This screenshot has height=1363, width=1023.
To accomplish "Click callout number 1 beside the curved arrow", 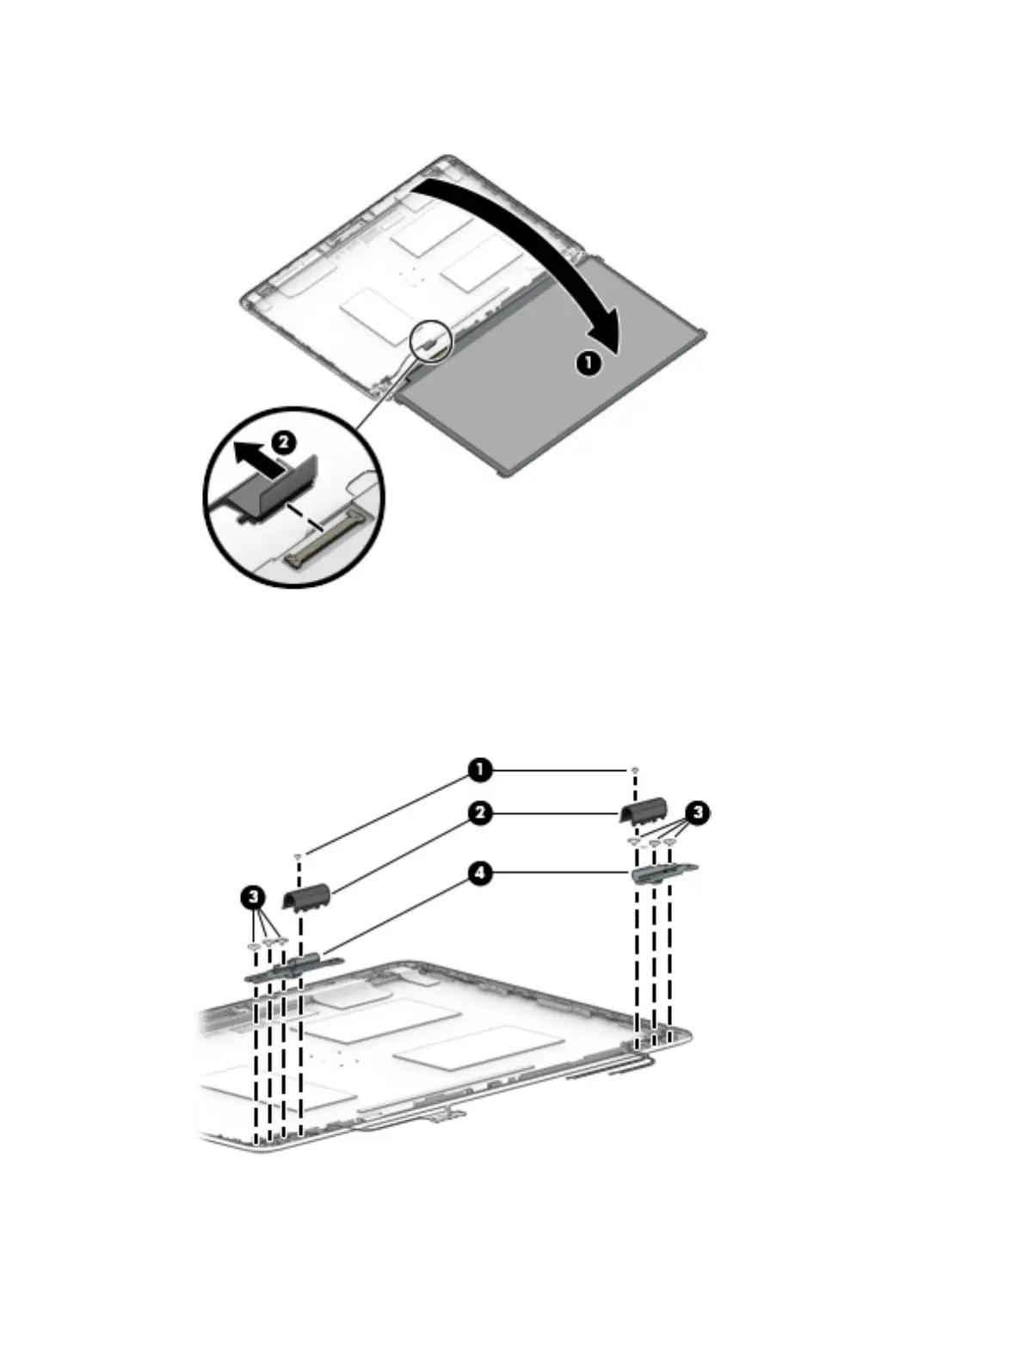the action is pyautogui.click(x=588, y=363).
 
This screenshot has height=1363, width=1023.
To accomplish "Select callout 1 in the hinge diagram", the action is pyautogui.click(x=480, y=770).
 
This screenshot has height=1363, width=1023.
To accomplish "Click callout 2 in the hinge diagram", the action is pyautogui.click(x=480, y=812).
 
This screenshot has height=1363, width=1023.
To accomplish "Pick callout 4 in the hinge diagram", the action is pyautogui.click(x=480, y=873).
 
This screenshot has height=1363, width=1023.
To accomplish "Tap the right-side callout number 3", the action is pyautogui.click(x=698, y=811).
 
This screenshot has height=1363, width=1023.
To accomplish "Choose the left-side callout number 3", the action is pyautogui.click(x=252, y=897).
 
